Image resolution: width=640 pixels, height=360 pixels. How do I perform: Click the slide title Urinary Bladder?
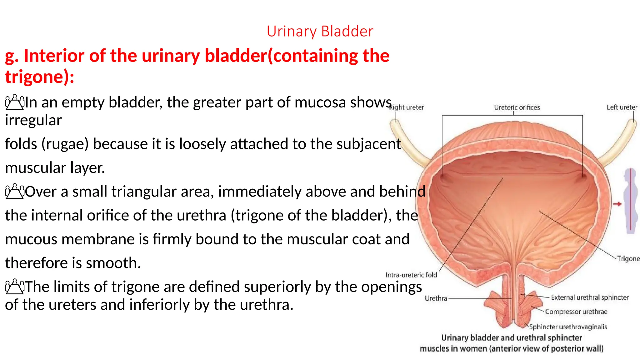(x=320, y=31)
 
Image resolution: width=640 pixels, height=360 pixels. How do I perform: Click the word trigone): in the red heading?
(x=39, y=77)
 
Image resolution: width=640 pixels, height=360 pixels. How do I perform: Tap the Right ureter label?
(x=407, y=107)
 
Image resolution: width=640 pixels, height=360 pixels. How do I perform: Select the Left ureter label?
(x=622, y=107)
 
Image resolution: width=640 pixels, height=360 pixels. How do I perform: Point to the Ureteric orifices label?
(x=517, y=107)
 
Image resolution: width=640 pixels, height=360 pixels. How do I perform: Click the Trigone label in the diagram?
(x=628, y=258)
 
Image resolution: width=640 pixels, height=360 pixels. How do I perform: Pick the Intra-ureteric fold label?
(x=411, y=275)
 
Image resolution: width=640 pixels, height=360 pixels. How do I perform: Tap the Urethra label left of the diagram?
(x=436, y=298)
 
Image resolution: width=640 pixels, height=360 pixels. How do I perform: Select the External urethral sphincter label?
(x=590, y=297)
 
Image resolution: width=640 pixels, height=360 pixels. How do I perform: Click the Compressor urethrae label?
(x=576, y=312)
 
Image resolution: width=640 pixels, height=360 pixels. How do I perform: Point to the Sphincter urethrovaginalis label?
(x=568, y=327)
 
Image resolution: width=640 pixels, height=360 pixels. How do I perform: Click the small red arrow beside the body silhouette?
(x=617, y=204)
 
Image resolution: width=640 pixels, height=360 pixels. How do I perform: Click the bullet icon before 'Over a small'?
(x=14, y=192)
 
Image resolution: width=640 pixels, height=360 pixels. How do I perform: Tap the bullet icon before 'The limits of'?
(x=14, y=287)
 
